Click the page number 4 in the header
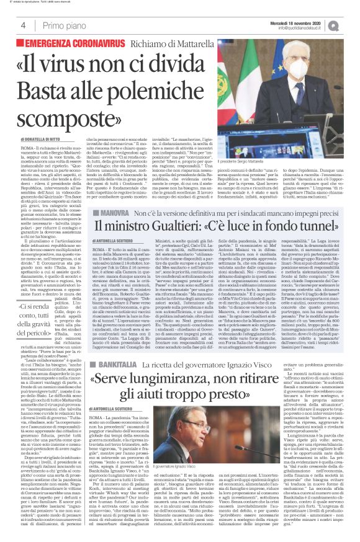point(23,25)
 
